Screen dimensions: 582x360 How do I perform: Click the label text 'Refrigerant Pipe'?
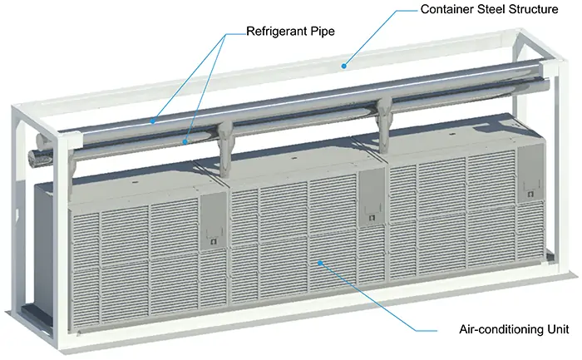pyautogui.click(x=290, y=31)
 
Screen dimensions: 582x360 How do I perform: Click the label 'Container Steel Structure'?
pyautogui.click(x=489, y=9)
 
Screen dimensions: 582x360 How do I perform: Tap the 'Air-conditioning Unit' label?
pyautogui.click(x=514, y=329)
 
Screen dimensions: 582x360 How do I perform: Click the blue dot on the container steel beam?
pyautogui.click(x=344, y=66)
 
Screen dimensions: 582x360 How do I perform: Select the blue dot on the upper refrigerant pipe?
pyautogui.click(x=152, y=121)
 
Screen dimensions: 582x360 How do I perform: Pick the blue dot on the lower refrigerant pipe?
pyautogui.click(x=185, y=141)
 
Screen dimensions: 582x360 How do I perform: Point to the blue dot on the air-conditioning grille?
pyautogui.click(x=319, y=263)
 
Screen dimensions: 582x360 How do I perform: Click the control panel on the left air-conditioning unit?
pyautogui.click(x=214, y=221)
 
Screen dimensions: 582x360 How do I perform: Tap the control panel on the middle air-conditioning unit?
pyautogui.click(x=372, y=197)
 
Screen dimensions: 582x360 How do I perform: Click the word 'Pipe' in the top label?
pyautogui.click(x=323, y=31)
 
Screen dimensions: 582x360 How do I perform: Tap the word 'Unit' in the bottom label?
pyautogui.click(x=558, y=329)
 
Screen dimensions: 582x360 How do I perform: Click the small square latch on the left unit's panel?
pyautogui.click(x=213, y=241)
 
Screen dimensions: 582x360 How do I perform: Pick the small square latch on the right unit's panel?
pyautogui.click(x=530, y=194)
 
